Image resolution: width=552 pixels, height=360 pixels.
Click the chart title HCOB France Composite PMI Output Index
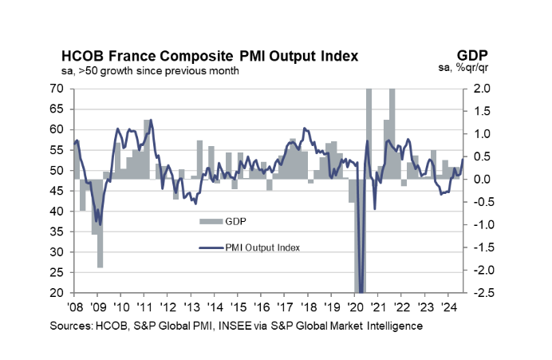coord(210,57)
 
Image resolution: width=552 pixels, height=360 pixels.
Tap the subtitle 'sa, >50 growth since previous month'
coord(150,71)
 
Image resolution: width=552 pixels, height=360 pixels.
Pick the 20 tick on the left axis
coord(57,294)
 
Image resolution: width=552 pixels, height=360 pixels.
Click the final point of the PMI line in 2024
coord(463,160)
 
